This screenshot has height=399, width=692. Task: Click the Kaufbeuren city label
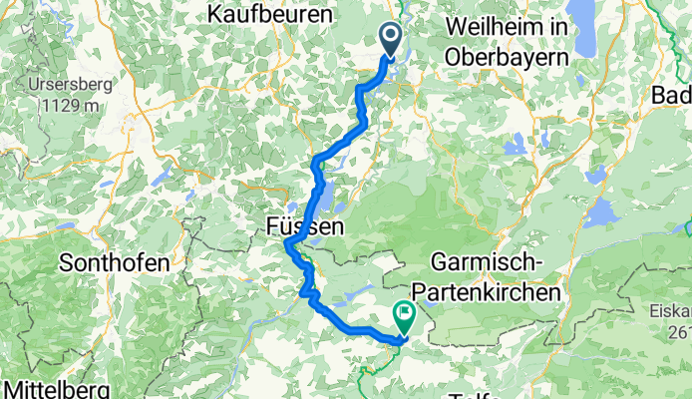[x=268, y=15]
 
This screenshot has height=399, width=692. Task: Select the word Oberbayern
[x=510, y=57]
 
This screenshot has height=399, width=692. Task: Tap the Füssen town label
[x=305, y=227]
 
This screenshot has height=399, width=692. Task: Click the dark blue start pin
[x=390, y=41]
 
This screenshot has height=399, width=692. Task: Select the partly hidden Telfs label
[x=476, y=394]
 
